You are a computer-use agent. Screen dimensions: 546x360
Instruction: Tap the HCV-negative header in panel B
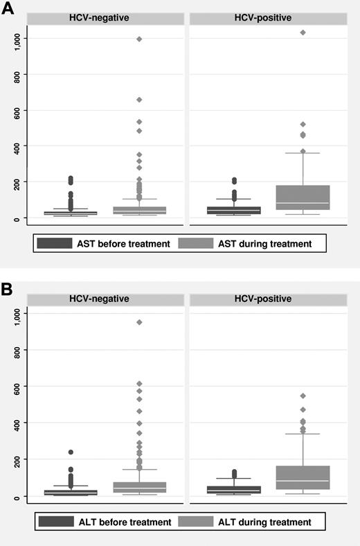tap(105, 299)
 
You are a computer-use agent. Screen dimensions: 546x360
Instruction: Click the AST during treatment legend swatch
tap(195, 243)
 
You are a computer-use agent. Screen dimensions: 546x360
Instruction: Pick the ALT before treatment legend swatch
tap(55, 522)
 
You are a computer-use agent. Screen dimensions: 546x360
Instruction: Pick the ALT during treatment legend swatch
tap(196, 522)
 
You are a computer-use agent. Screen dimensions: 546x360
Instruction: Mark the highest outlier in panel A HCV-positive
tap(303, 33)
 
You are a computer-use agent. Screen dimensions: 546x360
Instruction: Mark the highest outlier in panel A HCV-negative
tap(139, 39)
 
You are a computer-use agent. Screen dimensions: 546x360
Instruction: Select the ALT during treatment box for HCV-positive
tap(303, 477)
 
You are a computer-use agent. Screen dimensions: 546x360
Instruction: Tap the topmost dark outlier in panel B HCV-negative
tap(71, 452)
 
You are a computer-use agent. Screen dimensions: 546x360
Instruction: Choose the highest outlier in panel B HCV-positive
tap(303, 396)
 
